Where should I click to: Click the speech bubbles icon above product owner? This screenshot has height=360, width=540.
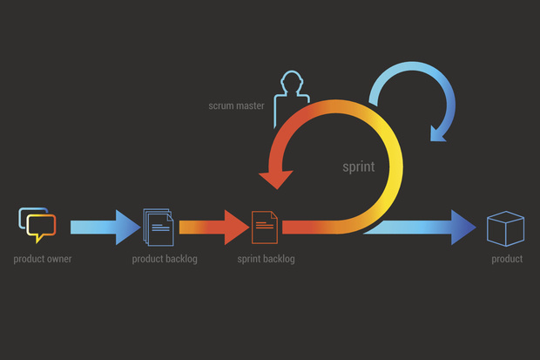pos(37,225)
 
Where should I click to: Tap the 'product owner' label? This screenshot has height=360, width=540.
pos(43,259)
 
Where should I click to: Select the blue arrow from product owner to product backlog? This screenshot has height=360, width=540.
pos(105,228)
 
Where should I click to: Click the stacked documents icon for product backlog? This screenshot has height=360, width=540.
pos(159,227)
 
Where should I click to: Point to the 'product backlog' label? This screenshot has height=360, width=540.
pos(165,259)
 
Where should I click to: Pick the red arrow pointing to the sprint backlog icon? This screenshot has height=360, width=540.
pos(214,228)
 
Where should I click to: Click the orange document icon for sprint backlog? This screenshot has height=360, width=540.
pos(265,228)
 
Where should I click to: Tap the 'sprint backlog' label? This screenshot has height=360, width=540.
pos(266,259)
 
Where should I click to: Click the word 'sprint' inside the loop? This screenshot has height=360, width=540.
pos(359,167)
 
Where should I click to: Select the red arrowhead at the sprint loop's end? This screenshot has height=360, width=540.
pos(277,179)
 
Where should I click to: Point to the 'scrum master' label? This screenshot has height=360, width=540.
pos(236,105)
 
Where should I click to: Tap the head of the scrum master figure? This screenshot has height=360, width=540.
pos(292,81)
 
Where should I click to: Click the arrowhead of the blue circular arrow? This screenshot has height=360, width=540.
pos(437,134)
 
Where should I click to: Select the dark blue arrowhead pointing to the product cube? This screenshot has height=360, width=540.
pos(463,228)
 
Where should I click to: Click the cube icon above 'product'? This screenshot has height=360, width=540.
pos(505,228)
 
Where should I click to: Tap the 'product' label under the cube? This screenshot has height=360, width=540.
pos(507,259)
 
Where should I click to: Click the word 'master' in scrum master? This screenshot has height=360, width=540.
pos(250,105)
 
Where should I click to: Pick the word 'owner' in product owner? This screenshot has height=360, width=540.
pos(57,259)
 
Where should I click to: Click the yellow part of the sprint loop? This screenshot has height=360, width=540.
pos(395,166)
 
